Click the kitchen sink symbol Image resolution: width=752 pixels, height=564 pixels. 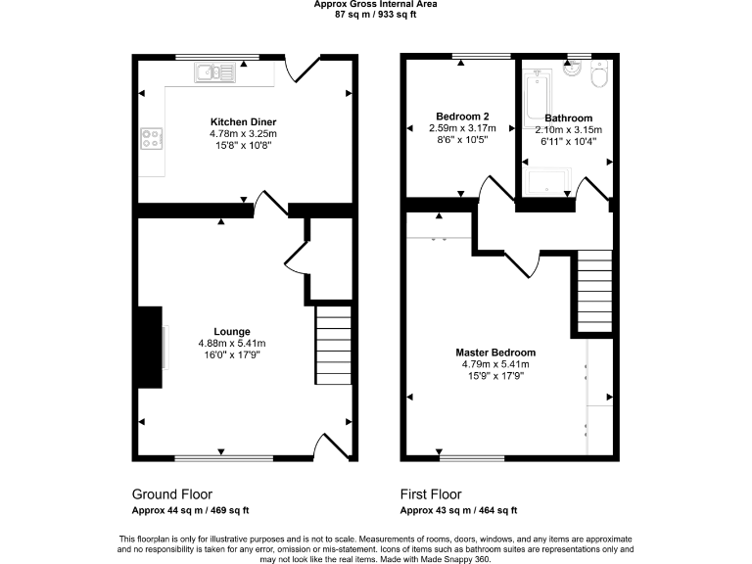pos(214,71)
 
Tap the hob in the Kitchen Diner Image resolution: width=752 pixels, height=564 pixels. pos(152,139)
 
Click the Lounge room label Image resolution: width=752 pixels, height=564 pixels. pos(232,332)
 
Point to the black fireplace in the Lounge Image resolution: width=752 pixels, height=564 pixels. pos(149,349)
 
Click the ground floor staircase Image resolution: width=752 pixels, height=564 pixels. pos(333,346)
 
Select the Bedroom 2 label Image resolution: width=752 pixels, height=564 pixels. pos(462,117)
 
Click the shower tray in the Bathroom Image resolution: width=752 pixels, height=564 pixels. pos(547,181)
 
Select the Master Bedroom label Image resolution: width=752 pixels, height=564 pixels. pos(495,352)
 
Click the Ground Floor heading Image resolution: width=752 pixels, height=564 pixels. pos(171,494)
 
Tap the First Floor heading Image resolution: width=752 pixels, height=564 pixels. pos(431,494)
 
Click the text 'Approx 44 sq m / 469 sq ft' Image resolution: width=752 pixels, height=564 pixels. pos(190,510)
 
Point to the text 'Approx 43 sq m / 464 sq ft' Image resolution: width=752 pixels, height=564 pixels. pos(458,510)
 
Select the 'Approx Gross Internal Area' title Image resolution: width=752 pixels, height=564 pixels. pos(375,4)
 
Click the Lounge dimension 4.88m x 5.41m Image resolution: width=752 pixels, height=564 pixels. pos(232,344)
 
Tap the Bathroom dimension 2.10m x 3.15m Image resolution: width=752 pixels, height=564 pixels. pos(569,129)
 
